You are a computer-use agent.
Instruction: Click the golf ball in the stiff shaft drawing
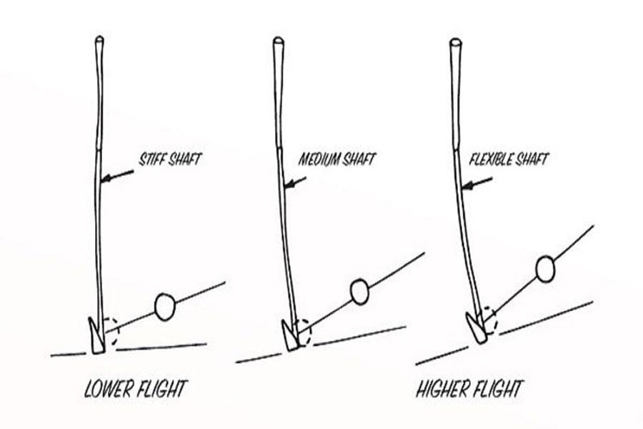point(164,306)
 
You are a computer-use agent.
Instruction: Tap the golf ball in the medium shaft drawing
point(359,291)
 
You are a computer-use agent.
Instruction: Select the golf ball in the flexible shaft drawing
point(545,269)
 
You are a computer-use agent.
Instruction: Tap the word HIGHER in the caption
point(443,390)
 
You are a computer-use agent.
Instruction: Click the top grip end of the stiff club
point(99,41)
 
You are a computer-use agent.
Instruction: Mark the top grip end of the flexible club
point(454,43)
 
